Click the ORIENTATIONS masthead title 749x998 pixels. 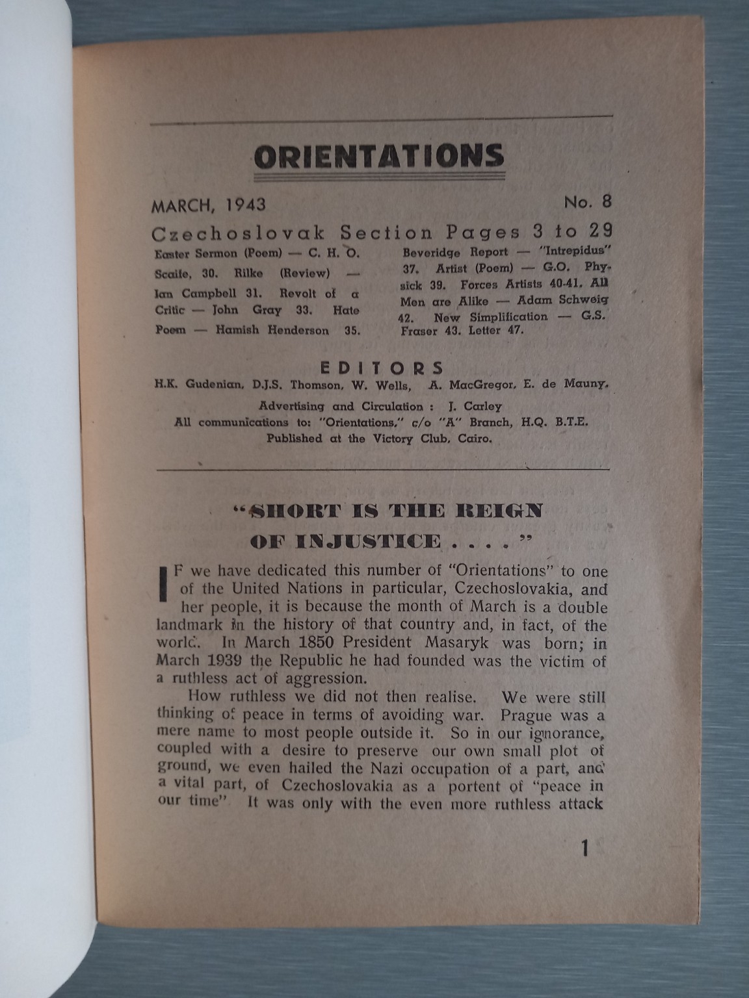click(379, 156)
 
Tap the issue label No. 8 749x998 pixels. click(587, 202)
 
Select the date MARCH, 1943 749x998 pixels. click(209, 205)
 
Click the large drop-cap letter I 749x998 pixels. click(163, 580)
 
